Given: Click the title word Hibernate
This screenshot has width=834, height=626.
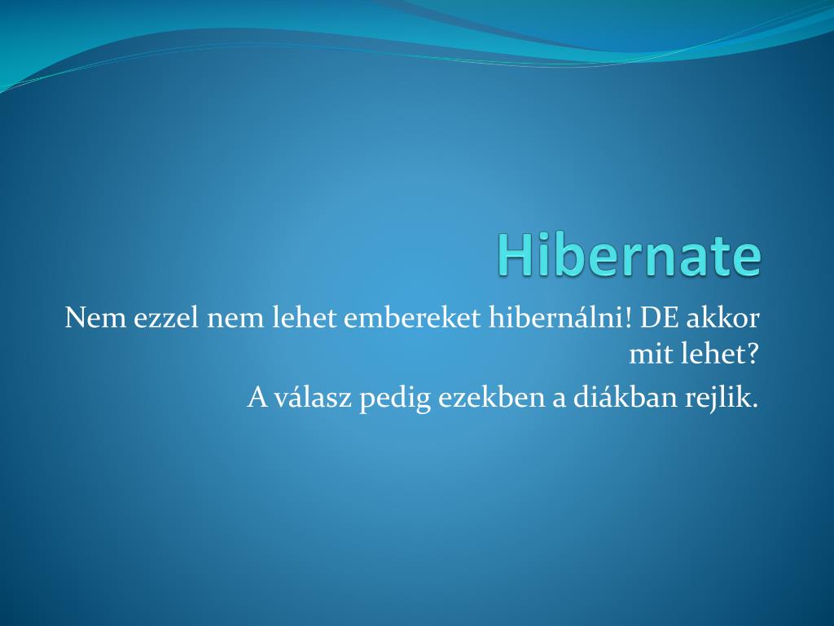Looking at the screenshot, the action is (x=630, y=255).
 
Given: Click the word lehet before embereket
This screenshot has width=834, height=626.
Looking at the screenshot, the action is (x=304, y=318).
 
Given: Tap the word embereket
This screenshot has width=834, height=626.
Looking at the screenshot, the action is (x=412, y=318).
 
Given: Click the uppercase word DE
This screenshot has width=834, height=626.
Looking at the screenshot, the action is (x=659, y=318).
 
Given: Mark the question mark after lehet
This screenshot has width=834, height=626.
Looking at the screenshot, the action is (x=752, y=354).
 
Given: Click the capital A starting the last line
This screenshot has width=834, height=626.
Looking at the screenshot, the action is (x=258, y=397).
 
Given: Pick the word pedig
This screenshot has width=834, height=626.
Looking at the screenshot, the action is (x=395, y=399).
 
